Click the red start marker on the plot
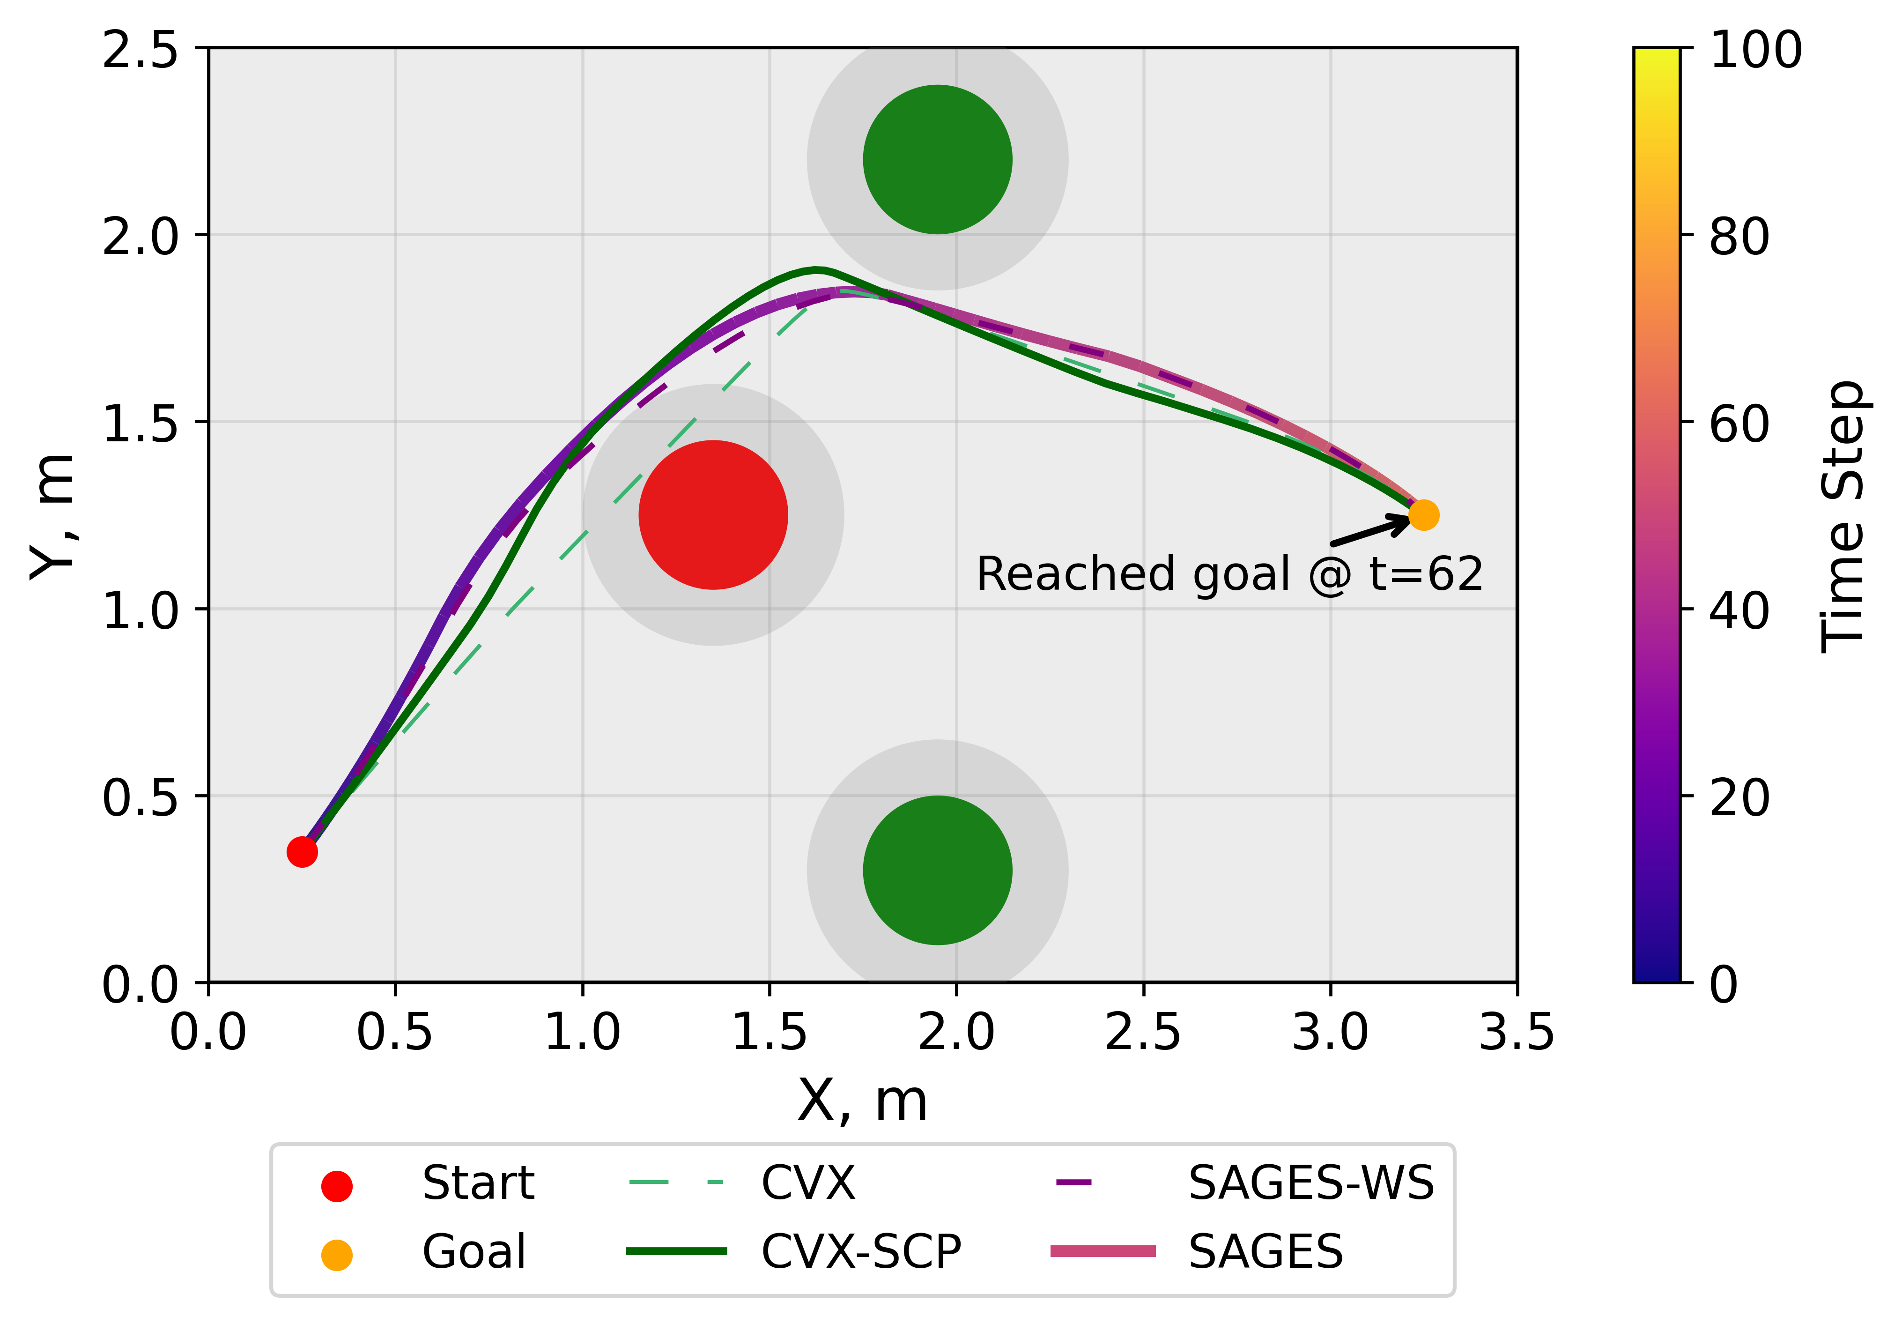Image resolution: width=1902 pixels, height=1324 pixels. (302, 852)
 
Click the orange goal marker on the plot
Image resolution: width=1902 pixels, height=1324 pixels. (1423, 514)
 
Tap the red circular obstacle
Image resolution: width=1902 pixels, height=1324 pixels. (712, 514)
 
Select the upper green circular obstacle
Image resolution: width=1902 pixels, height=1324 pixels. (937, 159)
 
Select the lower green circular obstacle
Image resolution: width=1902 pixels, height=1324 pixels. (937, 870)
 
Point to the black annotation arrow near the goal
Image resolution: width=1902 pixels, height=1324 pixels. (1371, 530)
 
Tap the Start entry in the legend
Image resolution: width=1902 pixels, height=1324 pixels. (477, 1183)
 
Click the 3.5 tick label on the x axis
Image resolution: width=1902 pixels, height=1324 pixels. (1516, 1033)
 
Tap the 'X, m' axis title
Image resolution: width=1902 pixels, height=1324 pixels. (861, 1101)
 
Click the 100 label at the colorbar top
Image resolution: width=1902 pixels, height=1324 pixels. (1754, 50)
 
